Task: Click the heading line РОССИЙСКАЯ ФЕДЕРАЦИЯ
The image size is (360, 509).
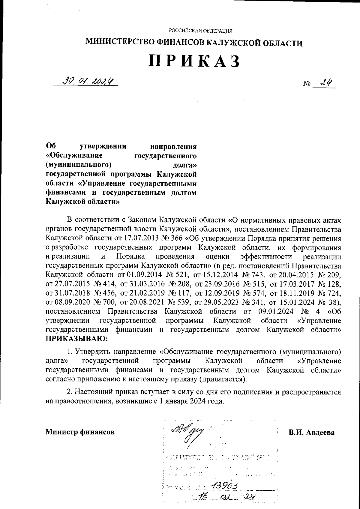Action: (201, 31)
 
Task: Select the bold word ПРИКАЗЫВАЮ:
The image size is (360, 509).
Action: (76, 339)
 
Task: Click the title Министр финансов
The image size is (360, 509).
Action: (80, 432)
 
